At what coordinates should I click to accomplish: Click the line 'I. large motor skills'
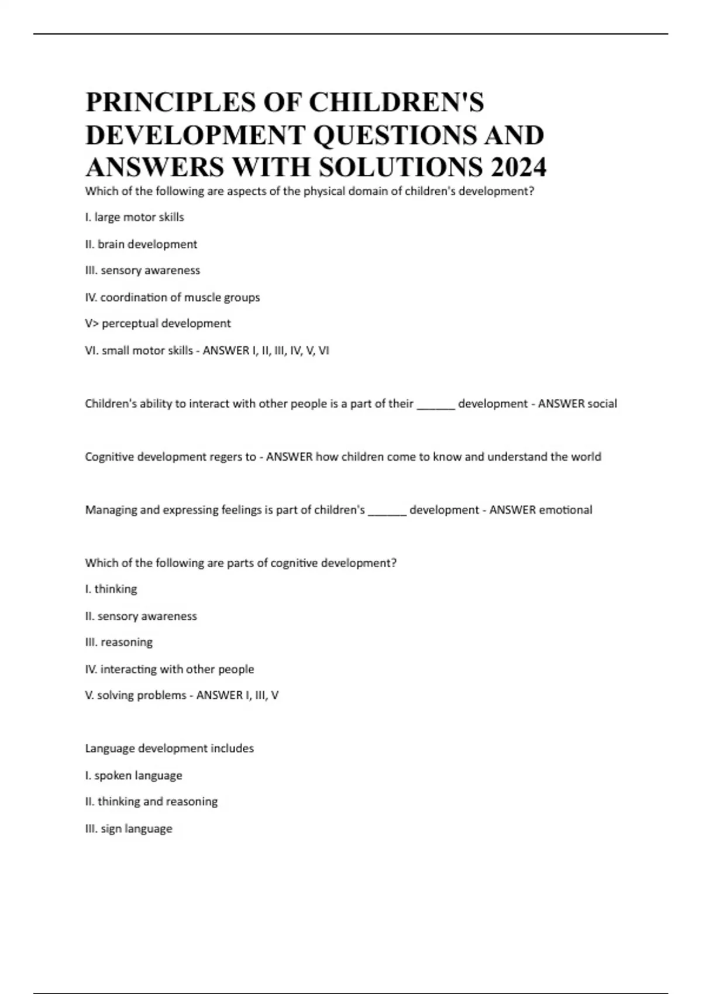pyautogui.click(x=135, y=217)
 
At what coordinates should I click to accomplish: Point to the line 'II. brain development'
pyautogui.click(x=141, y=244)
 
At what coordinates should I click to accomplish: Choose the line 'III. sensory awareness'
pyautogui.click(x=142, y=270)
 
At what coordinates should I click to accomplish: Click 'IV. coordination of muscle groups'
pyautogui.click(x=172, y=297)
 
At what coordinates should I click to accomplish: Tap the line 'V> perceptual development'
pyautogui.click(x=158, y=323)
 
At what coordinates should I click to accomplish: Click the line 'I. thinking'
pyautogui.click(x=111, y=589)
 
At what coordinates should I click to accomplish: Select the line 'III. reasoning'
pyautogui.click(x=119, y=642)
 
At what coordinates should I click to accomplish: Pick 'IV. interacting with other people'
pyautogui.click(x=170, y=669)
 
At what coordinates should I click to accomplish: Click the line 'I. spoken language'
pyautogui.click(x=133, y=775)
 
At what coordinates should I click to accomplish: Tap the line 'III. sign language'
pyautogui.click(x=129, y=829)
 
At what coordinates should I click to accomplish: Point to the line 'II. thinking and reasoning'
pyautogui.click(x=151, y=802)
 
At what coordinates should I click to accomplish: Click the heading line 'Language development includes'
pyautogui.click(x=169, y=748)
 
